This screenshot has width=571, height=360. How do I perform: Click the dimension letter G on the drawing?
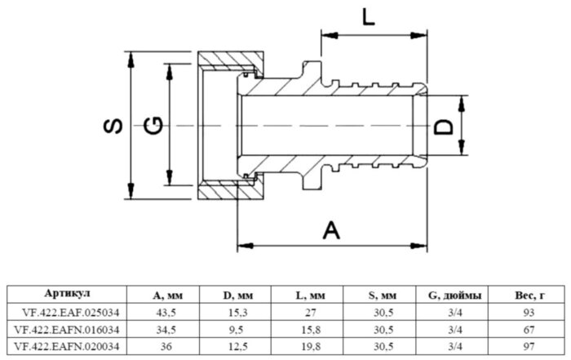click(x=152, y=126)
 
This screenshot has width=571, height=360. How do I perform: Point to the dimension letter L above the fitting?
click(x=369, y=17)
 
